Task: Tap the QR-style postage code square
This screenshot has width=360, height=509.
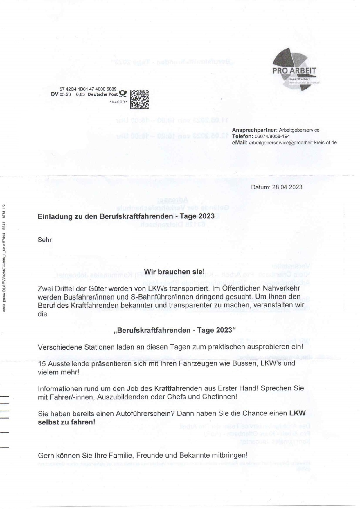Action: pyautogui.click(x=139, y=99)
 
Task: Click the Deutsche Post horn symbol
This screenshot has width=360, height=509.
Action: pyautogui.click(x=123, y=94)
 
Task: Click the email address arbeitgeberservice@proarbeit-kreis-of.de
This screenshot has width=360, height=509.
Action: pyautogui.click(x=293, y=143)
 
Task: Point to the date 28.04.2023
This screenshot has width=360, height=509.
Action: pyautogui.click(x=287, y=187)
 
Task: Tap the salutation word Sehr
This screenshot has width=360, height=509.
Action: pyautogui.click(x=45, y=240)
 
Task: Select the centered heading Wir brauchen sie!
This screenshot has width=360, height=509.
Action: pyautogui.click(x=174, y=272)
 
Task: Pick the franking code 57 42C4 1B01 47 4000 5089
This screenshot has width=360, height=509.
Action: pyautogui.click(x=88, y=89)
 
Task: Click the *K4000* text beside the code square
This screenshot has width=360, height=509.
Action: pyautogui.click(x=118, y=102)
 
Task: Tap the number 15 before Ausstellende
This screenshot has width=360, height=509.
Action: pyautogui.click(x=42, y=363)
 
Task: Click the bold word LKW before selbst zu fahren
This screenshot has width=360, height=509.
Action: pyautogui.click(x=297, y=413)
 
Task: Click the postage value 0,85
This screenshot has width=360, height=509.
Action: pyautogui.click(x=80, y=94)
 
